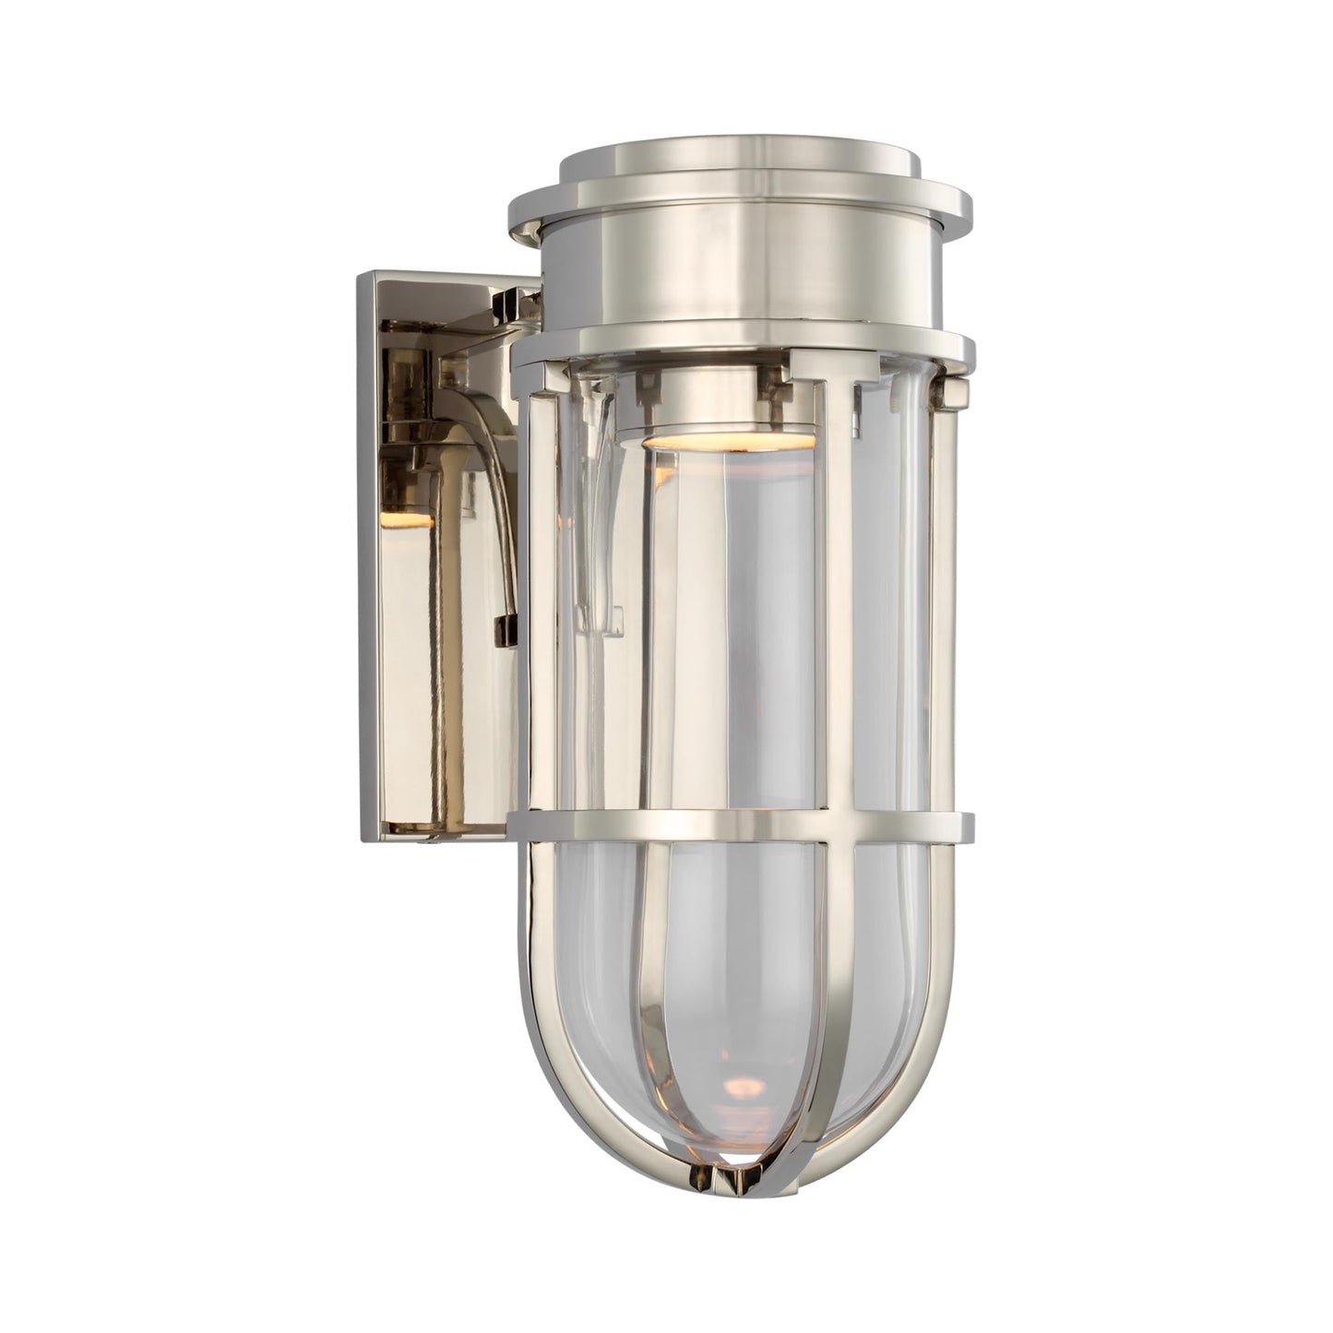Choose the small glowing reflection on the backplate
point(417,523)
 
